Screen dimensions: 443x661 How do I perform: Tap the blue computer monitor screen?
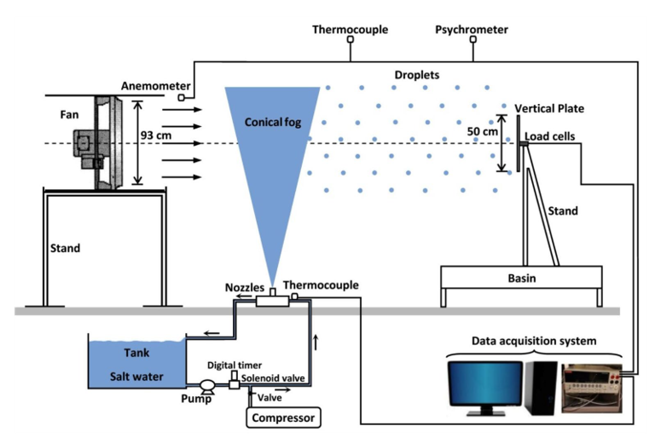point(484,388)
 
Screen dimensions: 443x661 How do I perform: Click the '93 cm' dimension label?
point(154,135)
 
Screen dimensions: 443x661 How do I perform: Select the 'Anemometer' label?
point(150,85)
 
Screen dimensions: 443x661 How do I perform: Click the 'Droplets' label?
point(416,75)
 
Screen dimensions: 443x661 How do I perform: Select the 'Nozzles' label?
point(246,287)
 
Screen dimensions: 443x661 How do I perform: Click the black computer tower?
point(542,388)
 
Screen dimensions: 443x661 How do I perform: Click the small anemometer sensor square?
point(182,98)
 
